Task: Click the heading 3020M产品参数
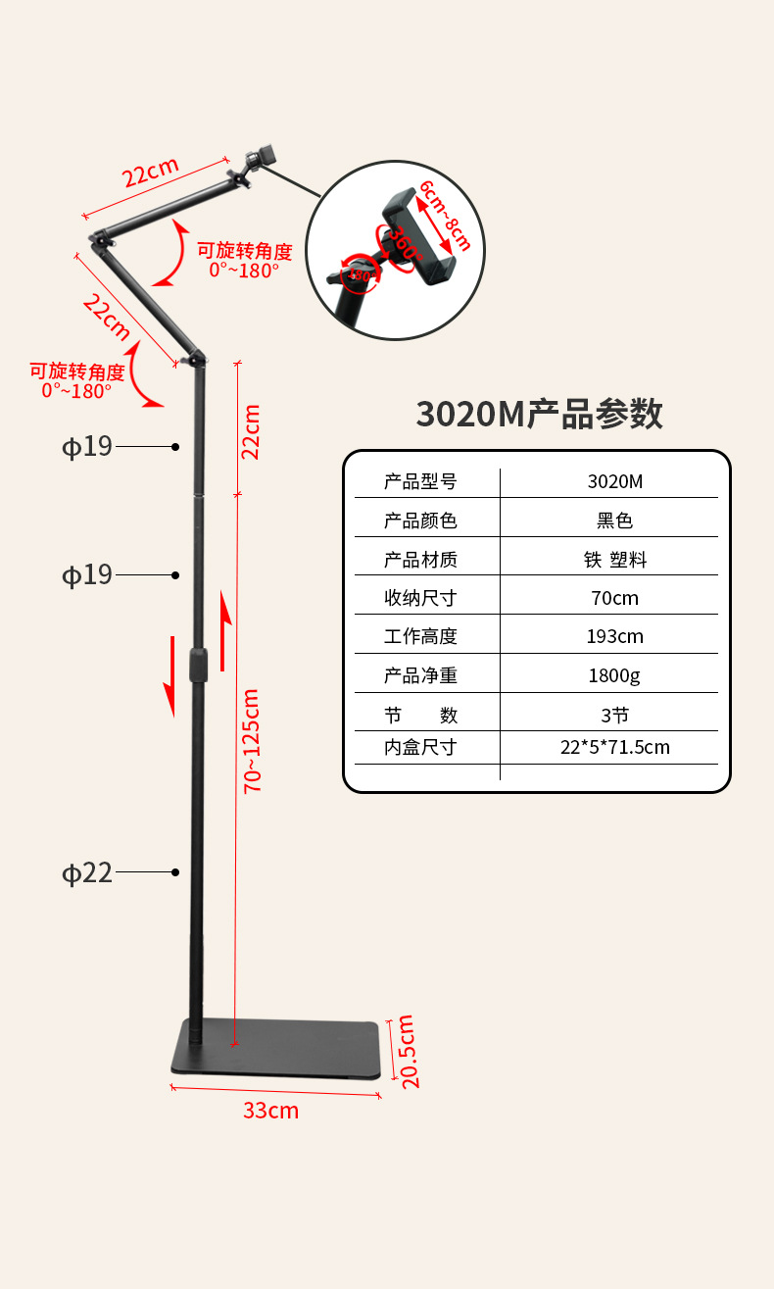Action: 539,414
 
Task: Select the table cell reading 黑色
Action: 615,521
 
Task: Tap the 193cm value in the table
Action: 615,636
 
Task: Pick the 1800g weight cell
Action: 614,675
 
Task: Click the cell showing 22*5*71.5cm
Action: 615,747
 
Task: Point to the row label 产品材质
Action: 420,560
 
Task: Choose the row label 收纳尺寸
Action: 420,598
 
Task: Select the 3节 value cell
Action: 615,715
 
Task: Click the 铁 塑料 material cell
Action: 615,560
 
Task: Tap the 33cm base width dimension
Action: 270,1111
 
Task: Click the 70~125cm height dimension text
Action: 252,740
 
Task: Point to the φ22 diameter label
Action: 88,872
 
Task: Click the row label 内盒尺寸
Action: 420,747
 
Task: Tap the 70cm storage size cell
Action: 615,598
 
